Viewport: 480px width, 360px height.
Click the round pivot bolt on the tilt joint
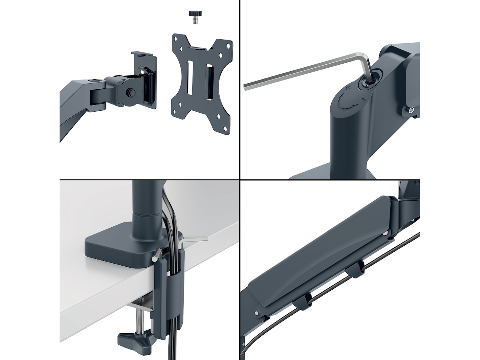pyautogui.click(x=130, y=92)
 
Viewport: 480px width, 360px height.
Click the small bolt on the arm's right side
pyautogui.click(x=410, y=110)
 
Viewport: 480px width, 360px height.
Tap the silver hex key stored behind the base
pyautogui.click(x=192, y=240)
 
